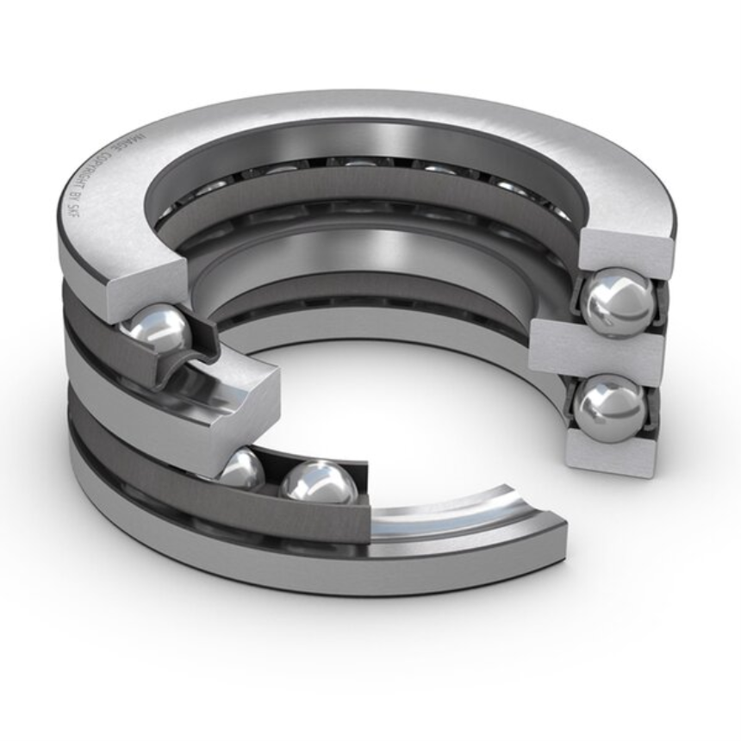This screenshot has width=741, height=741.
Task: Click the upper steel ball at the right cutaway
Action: point(617,301)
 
